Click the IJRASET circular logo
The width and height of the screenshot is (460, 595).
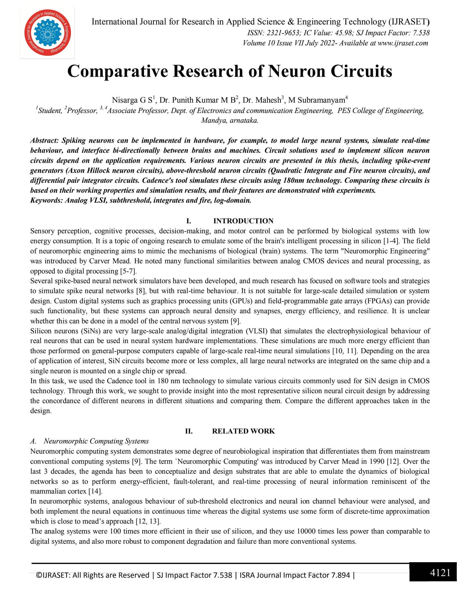47,33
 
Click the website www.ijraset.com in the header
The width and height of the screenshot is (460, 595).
403,43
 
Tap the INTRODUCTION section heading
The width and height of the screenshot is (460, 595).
243,221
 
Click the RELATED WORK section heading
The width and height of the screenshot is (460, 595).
243,431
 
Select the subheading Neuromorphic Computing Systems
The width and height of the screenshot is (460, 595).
96,441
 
